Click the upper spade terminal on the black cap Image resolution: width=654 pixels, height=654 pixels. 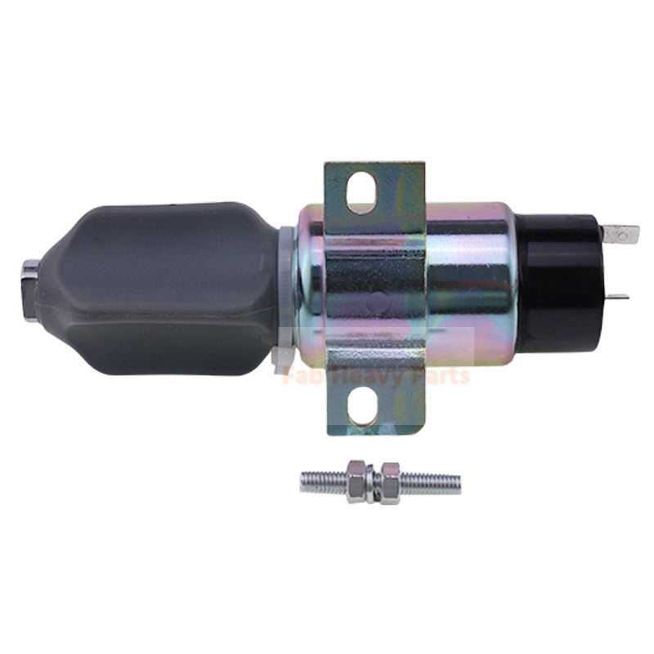[620, 235]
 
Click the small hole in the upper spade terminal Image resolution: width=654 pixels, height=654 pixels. [628, 235]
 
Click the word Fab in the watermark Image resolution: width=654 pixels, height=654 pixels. [301, 376]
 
